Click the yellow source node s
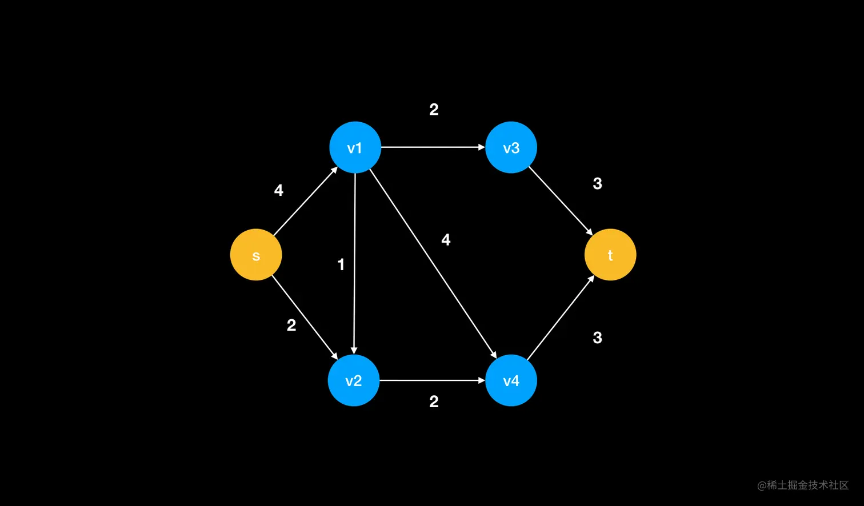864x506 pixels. tap(256, 255)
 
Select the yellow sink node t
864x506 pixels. tap(610, 255)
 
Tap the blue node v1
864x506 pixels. tap(355, 147)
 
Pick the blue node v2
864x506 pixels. tap(354, 380)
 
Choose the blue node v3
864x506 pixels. tap(511, 147)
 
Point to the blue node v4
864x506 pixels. tap(511, 380)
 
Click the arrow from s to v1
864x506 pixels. tap(306, 201)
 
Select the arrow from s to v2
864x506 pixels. tap(305, 317)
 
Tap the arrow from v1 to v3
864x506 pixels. tap(433, 147)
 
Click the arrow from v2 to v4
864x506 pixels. tap(432, 380)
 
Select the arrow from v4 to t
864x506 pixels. tap(561, 318)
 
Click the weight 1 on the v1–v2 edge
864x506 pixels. tap(341, 264)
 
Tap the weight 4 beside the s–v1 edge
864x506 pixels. tap(279, 190)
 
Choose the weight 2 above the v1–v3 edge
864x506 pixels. tap(434, 110)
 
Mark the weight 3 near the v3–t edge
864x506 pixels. tap(597, 184)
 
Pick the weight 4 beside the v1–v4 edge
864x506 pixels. tap(446, 240)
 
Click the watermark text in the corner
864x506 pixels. tap(803, 485)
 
